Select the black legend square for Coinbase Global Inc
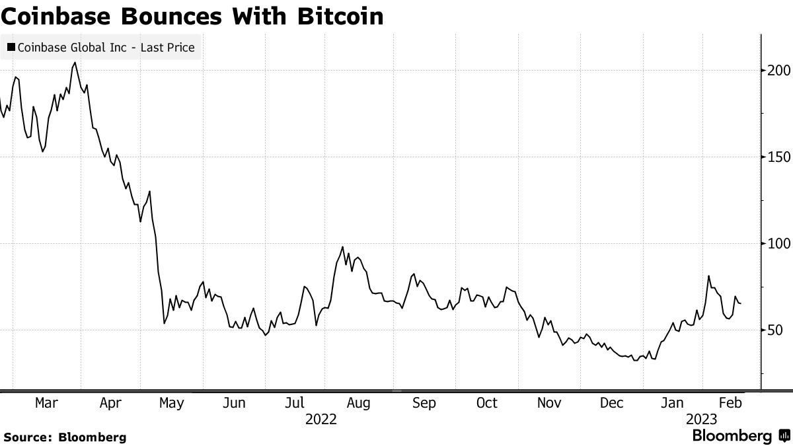[11, 48]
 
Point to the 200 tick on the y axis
[775, 70]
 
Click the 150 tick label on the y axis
[775, 157]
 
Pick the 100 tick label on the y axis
[775, 243]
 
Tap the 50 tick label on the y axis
[771, 330]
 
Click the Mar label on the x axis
[46, 403]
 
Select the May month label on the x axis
[172, 403]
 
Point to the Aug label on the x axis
[359, 403]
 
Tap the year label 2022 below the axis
[321, 420]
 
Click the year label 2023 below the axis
[702, 420]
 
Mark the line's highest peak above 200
[75, 63]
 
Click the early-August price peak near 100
[343, 247]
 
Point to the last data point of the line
[741, 304]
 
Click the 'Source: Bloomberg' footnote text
[65, 437]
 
